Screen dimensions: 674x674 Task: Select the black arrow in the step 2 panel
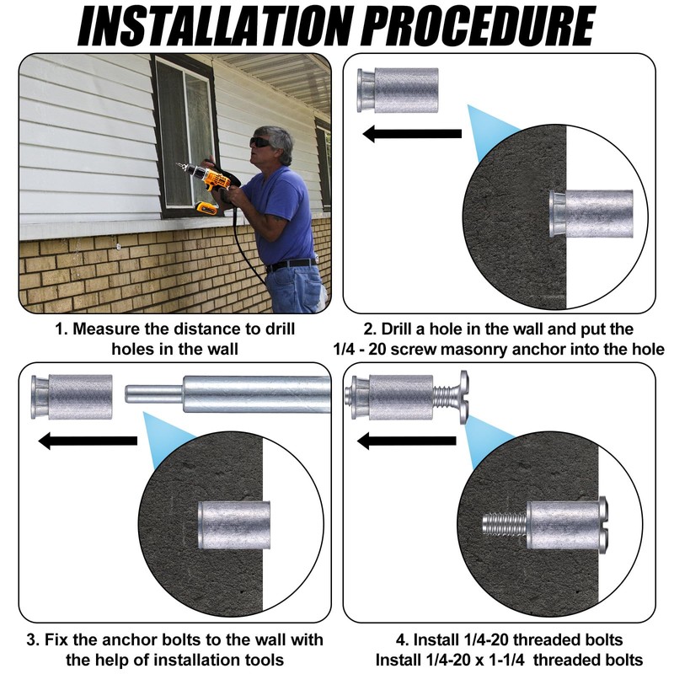pyautogui.click(x=412, y=133)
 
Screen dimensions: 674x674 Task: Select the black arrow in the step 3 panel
pyautogui.click(x=88, y=441)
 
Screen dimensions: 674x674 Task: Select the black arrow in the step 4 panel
pyautogui.click(x=407, y=441)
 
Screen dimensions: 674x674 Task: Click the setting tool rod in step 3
pyautogui.click(x=227, y=394)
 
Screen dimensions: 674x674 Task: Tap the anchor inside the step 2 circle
pyautogui.click(x=591, y=214)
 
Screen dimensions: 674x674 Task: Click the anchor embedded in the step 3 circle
pyautogui.click(x=234, y=525)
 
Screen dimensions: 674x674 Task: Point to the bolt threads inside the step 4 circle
pyautogui.click(x=505, y=524)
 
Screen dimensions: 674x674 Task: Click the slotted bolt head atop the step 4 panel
pyautogui.click(x=464, y=398)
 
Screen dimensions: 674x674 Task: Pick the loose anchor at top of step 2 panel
pyautogui.click(x=398, y=90)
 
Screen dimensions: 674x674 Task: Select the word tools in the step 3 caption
pyautogui.click(x=263, y=660)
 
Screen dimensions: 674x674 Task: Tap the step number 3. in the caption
pyautogui.click(x=33, y=639)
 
